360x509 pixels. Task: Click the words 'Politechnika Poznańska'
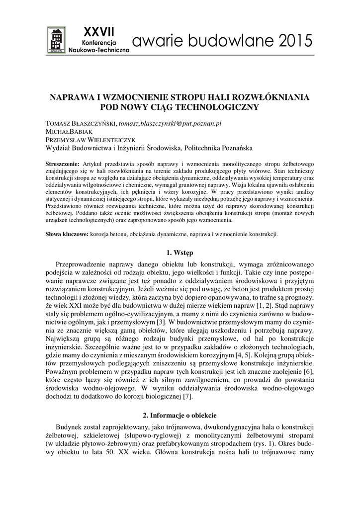[218, 148]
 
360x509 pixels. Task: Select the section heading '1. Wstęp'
[180, 253]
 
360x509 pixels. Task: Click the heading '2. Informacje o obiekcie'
[180, 415]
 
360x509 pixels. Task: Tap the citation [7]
[187, 396]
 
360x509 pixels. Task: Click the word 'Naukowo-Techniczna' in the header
[98, 51]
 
